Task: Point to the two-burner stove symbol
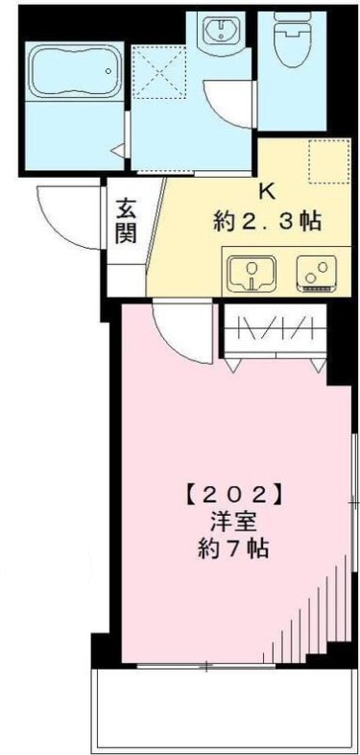tap(314, 272)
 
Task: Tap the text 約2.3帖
tap(266, 220)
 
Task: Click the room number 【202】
tap(231, 498)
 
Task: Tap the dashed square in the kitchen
tap(324, 161)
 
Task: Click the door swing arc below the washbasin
tap(228, 101)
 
